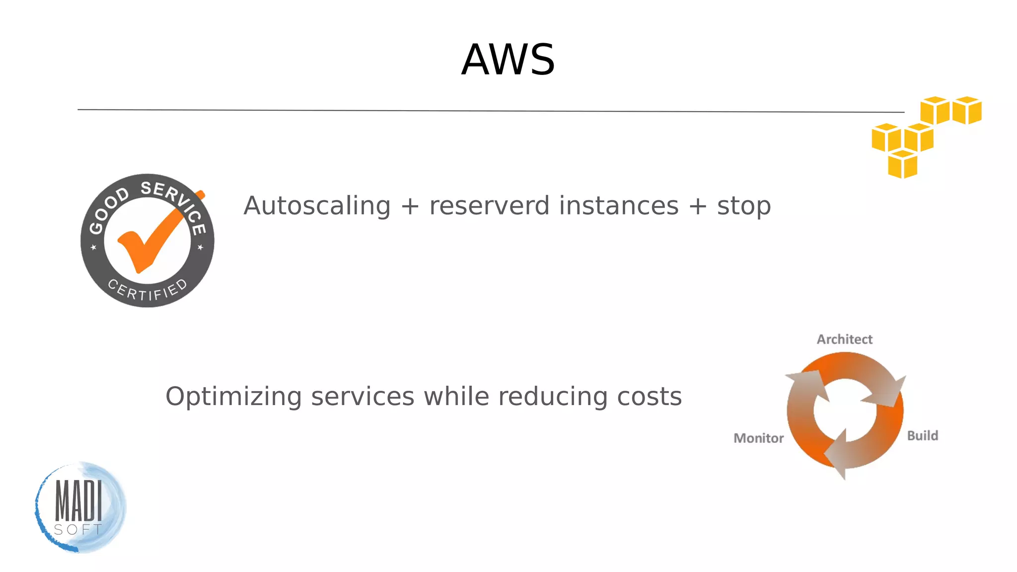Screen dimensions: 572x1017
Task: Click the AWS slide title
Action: click(508, 60)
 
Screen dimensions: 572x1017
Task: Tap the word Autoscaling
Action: click(317, 206)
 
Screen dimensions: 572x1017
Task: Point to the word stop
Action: click(743, 207)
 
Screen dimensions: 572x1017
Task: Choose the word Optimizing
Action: click(233, 397)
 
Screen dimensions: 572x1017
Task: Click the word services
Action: click(363, 397)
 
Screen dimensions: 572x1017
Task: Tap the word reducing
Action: click(553, 397)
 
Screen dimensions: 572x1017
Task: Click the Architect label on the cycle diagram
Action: click(844, 339)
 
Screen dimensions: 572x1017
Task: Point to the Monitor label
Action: click(758, 438)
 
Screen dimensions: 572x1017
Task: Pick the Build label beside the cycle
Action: click(922, 435)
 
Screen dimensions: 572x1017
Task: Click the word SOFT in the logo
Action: click(78, 530)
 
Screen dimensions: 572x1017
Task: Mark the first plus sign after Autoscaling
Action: click(410, 206)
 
